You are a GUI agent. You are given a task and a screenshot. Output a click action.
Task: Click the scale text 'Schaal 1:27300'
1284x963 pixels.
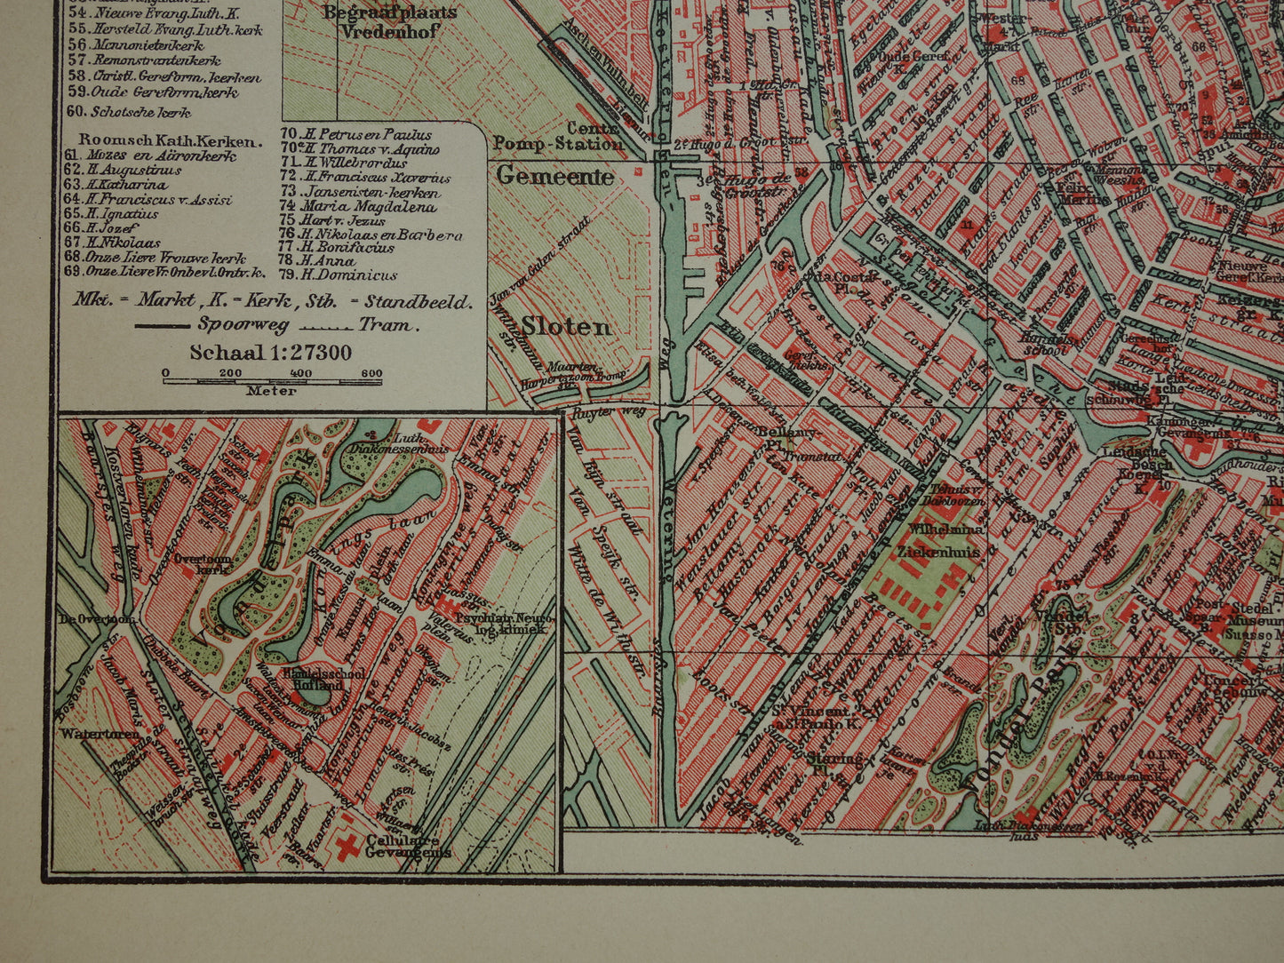[270, 353]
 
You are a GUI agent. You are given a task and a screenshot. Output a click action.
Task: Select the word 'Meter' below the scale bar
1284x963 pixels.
[271, 390]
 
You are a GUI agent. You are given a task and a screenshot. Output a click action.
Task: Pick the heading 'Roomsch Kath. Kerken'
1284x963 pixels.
[171, 140]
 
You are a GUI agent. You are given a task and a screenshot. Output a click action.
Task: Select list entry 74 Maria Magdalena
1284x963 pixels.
[358, 207]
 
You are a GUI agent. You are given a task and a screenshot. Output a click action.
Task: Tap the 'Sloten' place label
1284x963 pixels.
[566, 326]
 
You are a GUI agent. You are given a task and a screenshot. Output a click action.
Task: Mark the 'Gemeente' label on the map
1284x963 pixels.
[554, 176]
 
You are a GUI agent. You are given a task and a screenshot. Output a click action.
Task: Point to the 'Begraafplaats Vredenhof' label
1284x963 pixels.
[389, 20]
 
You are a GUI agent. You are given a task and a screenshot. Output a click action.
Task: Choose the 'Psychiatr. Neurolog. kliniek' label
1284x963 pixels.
[500, 623]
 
